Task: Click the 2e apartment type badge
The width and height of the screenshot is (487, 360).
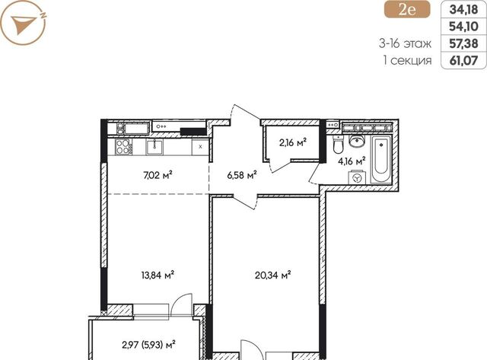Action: pos(407,10)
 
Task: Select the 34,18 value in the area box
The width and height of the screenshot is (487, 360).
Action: pos(463,10)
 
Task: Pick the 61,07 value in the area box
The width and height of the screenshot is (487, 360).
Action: pos(463,60)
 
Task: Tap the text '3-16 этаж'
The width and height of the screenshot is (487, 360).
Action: pos(405,43)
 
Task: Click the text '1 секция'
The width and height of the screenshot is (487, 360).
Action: pos(408,60)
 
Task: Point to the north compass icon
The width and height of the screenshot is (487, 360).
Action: pos(24,23)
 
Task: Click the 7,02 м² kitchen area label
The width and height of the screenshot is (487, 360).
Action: pos(158,176)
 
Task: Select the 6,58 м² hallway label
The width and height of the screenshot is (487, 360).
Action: pos(242,175)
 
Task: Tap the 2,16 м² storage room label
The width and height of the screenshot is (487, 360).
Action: pos(292,143)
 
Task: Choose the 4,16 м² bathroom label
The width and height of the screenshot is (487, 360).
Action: pos(352,161)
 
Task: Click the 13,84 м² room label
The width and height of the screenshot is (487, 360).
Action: pos(158,275)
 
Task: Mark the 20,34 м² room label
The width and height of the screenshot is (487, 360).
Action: pos(272,275)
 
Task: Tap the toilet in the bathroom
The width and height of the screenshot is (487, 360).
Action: pos(338,145)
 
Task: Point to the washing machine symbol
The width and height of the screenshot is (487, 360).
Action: pos(357,178)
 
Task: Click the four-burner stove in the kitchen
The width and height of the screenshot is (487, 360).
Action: pos(123,146)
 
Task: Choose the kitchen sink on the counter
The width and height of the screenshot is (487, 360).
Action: pos(154,147)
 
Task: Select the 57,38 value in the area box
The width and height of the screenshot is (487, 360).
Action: pos(463,43)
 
